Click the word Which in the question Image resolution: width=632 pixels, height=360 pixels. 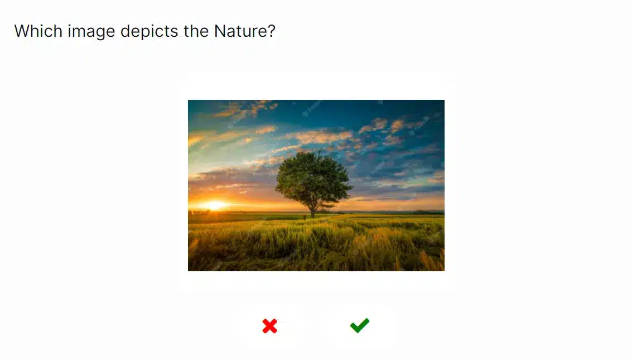(38, 31)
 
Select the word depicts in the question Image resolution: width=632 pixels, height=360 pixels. (149, 31)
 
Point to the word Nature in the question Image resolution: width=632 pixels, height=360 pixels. (240, 31)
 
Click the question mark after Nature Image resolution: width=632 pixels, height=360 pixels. (271, 31)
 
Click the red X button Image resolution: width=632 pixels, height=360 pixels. (269, 326)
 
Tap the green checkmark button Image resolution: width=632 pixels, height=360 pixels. (360, 325)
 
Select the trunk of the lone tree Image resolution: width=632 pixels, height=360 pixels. (312, 210)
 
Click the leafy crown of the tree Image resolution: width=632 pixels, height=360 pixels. (313, 178)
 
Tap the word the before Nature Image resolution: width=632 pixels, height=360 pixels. (196, 31)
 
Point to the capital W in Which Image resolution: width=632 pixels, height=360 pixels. (23, 31)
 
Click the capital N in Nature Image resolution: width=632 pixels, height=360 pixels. (220, 31)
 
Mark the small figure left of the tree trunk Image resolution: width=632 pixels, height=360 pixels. (305, 217)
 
